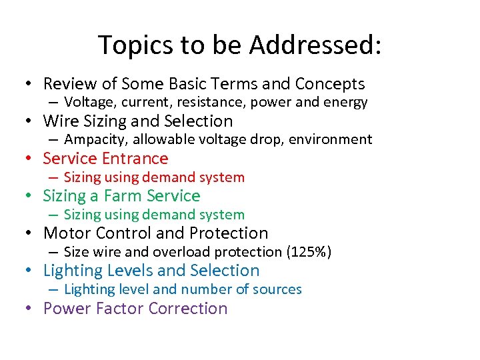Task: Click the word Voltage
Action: click(87, 103)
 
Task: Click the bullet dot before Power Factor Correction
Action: click(29, 309)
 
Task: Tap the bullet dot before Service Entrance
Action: click(29, 159)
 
